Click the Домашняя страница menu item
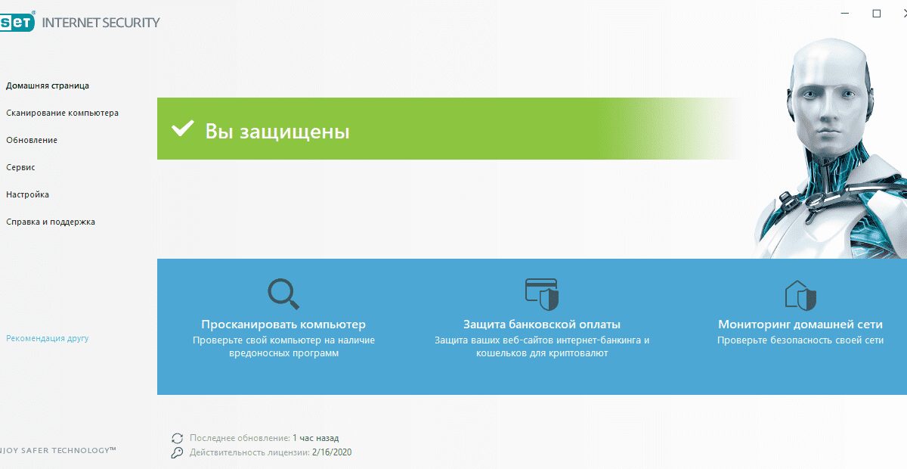(48, 85)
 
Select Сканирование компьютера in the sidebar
(62, 113)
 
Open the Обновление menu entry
(32, 140)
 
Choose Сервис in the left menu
(21, 167)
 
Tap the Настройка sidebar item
(28, 194)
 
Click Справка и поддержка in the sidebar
(51, 222)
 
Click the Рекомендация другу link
(48, 338)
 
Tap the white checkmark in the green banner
(182, 129)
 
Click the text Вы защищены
(277, 132)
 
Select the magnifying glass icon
(283, 294)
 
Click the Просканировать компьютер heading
(283, 325)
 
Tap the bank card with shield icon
(542, 293)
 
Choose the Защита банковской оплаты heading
(542, 325)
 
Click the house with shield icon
(800, 294)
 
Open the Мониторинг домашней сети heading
(800, 325)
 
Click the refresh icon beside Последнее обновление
(178, 438)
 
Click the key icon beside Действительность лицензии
(178, 452)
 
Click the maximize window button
(877, 14)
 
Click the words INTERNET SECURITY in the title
(101, 22)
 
